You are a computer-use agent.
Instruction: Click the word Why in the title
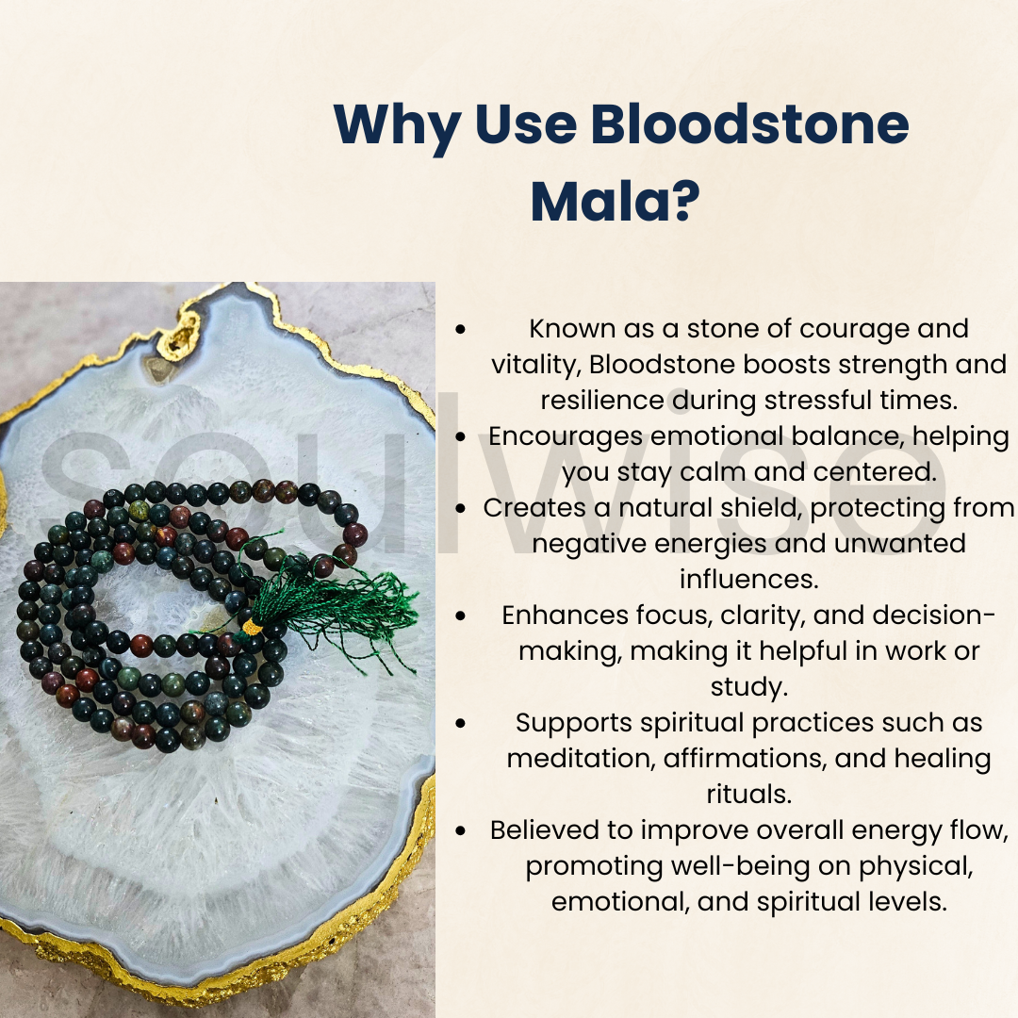tap(395, 125)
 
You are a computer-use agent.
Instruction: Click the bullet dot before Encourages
tap(460, 437)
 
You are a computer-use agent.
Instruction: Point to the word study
tap(748, 686)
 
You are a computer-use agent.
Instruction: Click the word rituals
tap(748, 794)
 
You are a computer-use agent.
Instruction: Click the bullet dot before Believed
tap(460, 831)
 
